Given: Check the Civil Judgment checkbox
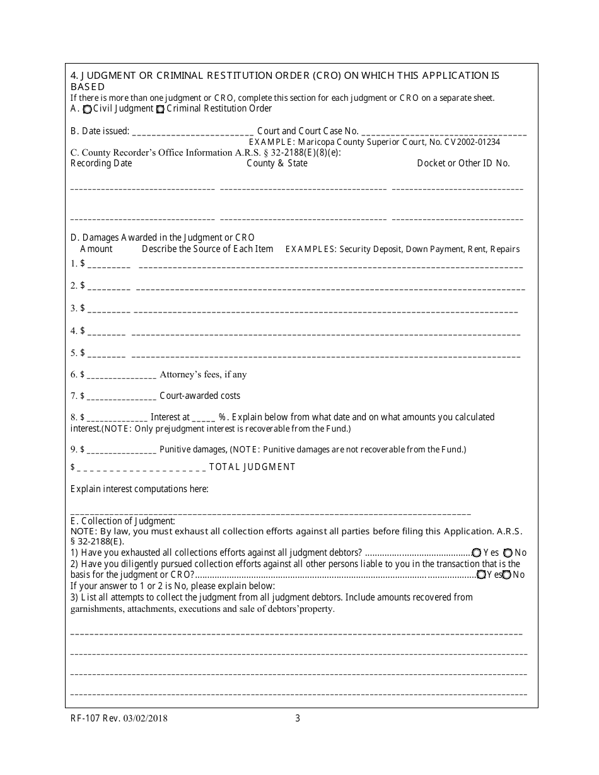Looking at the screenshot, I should click(88, 109).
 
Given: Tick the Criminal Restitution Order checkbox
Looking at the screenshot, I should click(160, 109).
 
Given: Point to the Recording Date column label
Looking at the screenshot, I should click(101, 163).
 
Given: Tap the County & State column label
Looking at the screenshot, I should click(277, 163).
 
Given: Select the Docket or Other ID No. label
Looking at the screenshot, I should click(463, 163).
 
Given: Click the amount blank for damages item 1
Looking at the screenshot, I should click(108, 265).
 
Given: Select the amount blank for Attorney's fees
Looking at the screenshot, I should click(121, 376).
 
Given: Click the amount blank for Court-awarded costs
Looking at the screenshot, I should click(121, 397).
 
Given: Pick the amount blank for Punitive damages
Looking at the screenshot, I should click(121, 451).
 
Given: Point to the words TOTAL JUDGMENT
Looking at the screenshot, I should click(252, 467).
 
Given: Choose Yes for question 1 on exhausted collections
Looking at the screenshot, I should click(477, 553).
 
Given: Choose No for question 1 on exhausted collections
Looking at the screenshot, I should click(508, 553).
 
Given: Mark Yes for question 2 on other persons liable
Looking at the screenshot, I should click(482, 575).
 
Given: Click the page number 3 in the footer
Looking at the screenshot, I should click(298, 718).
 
